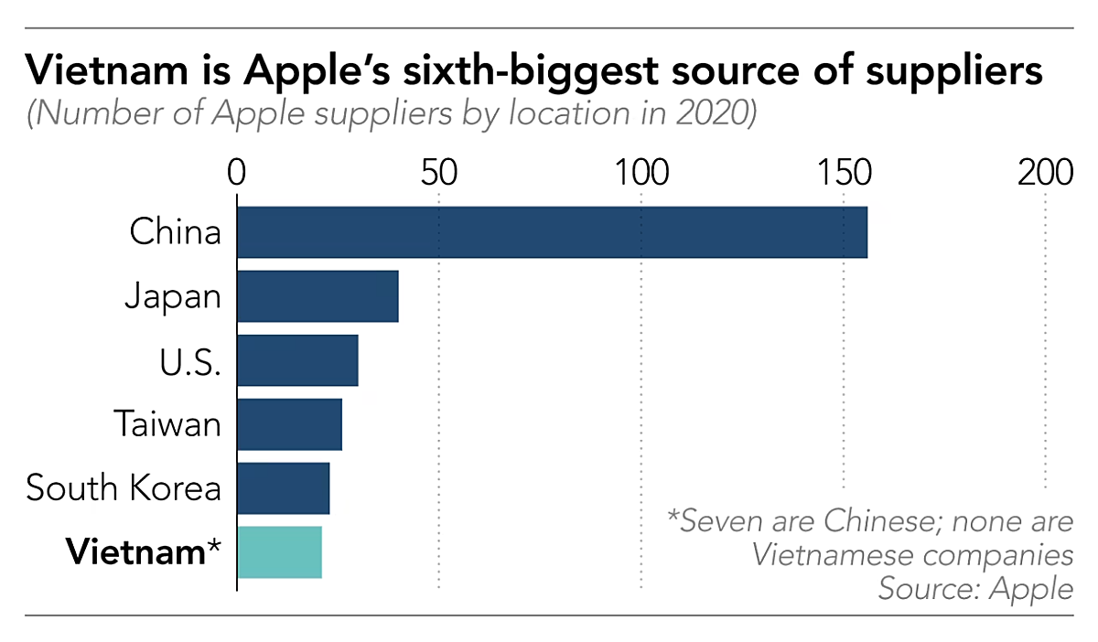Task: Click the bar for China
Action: (x=552, y=232)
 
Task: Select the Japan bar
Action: (x=318, y=296)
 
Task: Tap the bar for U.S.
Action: (x=297, y=360)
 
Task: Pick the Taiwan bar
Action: (x=289, y=424)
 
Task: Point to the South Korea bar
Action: (x=283, y=488)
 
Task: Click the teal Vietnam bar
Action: (x=279, y=552)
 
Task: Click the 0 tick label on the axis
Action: (x=237, y=172)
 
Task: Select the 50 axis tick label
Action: (x=439, y=172)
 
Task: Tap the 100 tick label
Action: (x=640, y=172)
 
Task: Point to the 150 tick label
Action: (x=843, y=172)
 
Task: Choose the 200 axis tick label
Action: (x=1045, y=172)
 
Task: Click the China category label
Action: (x=176, y=232)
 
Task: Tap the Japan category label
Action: (x=173, y=296)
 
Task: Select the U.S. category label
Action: (x=188, y=360)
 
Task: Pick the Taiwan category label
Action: (x=167, y=424)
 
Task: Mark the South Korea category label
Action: (x=124, y=488)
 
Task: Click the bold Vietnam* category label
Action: (x=144, y=552)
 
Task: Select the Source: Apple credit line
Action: (x=975, y=588)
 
